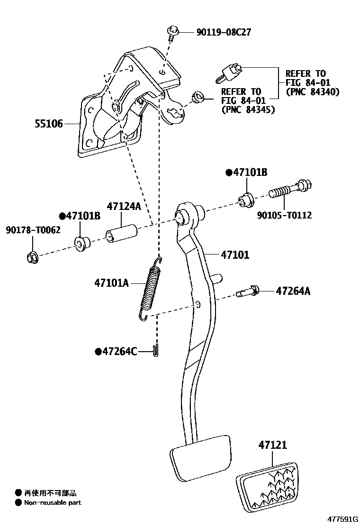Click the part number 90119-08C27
[x=223, y=32]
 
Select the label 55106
[x=48, y=125]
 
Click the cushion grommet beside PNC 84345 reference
[x=197, y=98]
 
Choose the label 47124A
[x=124, y=207]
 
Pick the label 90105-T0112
[x=284, y=215]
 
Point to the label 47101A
[x=111, y=283]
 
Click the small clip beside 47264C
[x=157, y=351]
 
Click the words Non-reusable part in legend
[x=53, y=503]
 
